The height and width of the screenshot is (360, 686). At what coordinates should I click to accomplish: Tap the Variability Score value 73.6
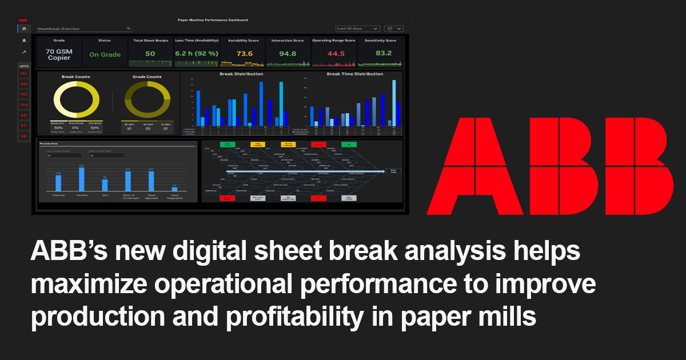(x=244, y=54)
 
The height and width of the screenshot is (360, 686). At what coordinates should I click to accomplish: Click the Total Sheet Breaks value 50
(x=150, y=54)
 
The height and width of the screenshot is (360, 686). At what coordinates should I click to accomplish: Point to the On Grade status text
(x=105, y=55)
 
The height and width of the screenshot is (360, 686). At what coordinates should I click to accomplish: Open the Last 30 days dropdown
(x=357, y=28)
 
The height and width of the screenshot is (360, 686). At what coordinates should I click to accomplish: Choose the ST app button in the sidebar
(x=23, y=125)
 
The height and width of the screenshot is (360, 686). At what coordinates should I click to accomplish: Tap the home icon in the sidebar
(x=24, y=29)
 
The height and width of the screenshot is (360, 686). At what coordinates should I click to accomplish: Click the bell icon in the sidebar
(x=24, y=41)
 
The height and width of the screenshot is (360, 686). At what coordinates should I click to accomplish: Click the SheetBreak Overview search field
(x=83, y=28)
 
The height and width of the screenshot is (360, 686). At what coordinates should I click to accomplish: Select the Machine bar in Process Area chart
(x=81, y=179)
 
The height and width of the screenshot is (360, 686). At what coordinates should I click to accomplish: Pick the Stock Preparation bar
(x=174, y=189)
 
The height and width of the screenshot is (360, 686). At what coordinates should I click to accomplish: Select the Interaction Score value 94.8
(x=288, y=54)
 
